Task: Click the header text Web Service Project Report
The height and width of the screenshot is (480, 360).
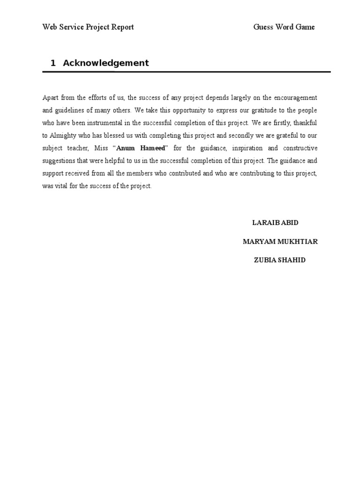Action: (88, 27)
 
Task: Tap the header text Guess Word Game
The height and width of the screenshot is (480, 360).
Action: (284, 27)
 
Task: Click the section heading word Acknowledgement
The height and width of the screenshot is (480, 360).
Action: (106, 63)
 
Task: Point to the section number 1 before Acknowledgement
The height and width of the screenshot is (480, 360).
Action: (53, 63)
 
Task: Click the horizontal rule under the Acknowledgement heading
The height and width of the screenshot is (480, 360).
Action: (187, 72)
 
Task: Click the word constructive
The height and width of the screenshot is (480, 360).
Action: (300, 148)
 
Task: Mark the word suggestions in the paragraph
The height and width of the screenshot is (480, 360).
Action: (60, 161)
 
